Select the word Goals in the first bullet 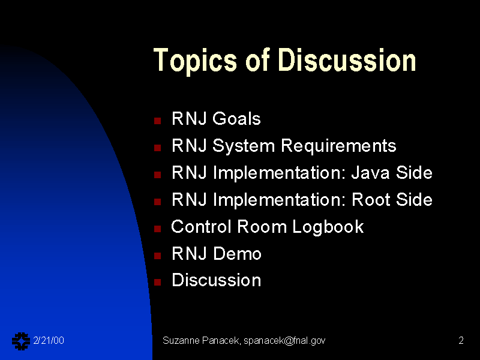236,118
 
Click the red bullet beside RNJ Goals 158,121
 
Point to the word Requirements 338,146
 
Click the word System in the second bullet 244,146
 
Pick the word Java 370,173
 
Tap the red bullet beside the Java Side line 158,175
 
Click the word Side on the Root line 414,200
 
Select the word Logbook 328,227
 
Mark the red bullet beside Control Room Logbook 158,229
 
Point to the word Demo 237,253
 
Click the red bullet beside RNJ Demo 158,256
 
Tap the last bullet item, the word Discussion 217,280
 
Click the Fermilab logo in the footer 21,341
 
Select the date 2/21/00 49,340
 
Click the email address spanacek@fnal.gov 284,341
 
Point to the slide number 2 461,340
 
